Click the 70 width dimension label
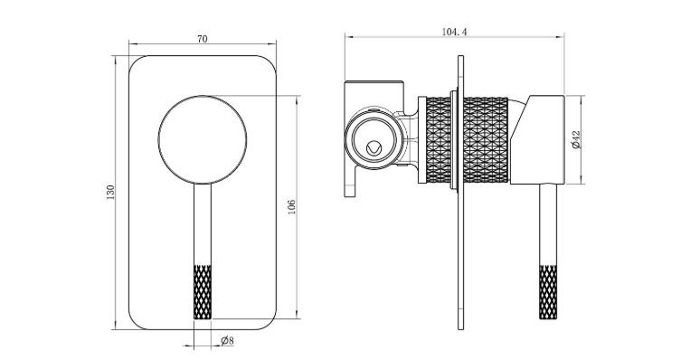point(203,39)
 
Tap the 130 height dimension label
point(110,193)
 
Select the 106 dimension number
point(291,207)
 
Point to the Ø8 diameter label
point(227,340)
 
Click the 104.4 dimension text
point(454,32)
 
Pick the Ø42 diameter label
point(576,140)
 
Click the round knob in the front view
point(203,140)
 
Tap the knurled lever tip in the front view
point(203,291)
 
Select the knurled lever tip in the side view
point(548,291)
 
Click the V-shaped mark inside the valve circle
point(374,148)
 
